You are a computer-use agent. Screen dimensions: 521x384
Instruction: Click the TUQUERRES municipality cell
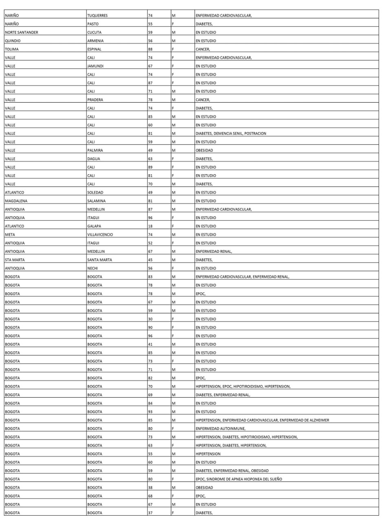click(x=97, y=16)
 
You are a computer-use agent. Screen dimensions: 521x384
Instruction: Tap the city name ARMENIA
click(x=95, y=41)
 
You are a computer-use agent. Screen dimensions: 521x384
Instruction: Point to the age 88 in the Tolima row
click(x=150, y=49)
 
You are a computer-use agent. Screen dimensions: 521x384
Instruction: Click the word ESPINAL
click(x=95, y=49)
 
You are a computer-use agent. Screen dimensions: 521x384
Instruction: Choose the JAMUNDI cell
click(x=95, y=66)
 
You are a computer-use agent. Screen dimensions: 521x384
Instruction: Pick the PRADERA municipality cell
click(x=96, y=100)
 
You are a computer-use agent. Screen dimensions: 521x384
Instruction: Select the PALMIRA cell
click(x=96, y=150)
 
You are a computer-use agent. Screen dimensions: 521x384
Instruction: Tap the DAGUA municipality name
click(x=94, y=159)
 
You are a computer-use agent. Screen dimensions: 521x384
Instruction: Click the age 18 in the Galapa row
click(x=150, y=226)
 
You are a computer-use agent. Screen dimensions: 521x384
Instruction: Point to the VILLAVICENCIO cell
click(x=101, y=234)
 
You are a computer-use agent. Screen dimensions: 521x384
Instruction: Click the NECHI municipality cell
click(x=93, y=268)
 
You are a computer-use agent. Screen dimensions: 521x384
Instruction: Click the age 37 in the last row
click(x=150, y=512)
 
